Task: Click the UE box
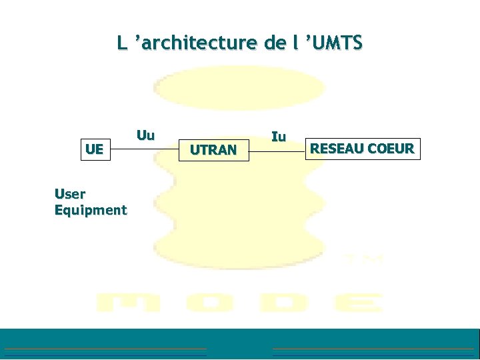[94, 149]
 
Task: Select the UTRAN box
[213, 150]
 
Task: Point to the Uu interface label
[145, 135]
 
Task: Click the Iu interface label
[279, 137]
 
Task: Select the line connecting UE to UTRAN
[143, 150]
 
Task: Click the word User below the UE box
[70, 194]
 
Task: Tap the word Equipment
[91, 210]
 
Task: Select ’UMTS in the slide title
[333, 43]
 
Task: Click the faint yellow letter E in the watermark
[359, 303]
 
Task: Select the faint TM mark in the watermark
[363, 258]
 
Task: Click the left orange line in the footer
[105, 349]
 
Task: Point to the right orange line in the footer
[373, 349]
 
